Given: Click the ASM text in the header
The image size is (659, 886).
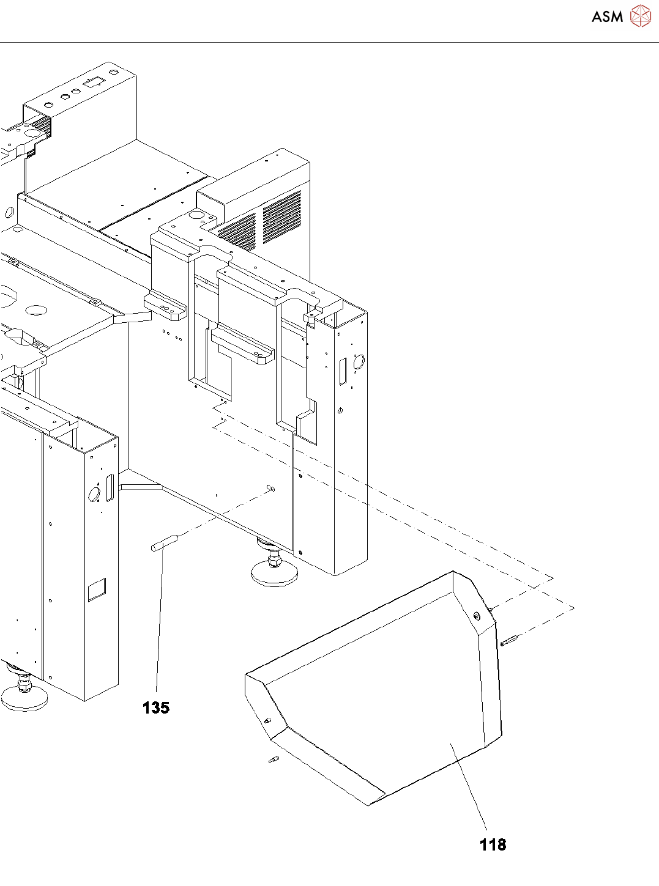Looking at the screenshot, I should [607, 17].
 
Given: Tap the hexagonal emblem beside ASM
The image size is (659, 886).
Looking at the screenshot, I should [640, 16].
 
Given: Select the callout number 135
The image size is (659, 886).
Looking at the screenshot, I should [155, 707].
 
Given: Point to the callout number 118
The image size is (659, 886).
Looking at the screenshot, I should [493, 844].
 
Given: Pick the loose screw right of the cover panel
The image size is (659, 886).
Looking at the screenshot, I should [508, 640].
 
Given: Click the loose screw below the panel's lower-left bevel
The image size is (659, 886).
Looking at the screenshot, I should [273, 759].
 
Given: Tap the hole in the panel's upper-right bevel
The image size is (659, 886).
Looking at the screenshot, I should [477, 616].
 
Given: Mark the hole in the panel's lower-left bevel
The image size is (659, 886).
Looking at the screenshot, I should [267, 720].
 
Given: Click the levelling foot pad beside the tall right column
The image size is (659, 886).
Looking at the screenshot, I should [274, 574].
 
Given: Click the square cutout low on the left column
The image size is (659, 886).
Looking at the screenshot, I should [97, 589].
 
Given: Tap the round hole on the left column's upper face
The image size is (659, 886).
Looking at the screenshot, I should [94, 494].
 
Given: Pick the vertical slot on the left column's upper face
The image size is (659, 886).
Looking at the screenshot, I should [110, 488].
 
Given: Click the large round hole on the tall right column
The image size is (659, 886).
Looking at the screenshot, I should [359, 362].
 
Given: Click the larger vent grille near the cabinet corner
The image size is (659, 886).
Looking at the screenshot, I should [282, 217].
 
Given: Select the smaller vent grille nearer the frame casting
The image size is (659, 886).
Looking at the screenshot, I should [238, 234].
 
